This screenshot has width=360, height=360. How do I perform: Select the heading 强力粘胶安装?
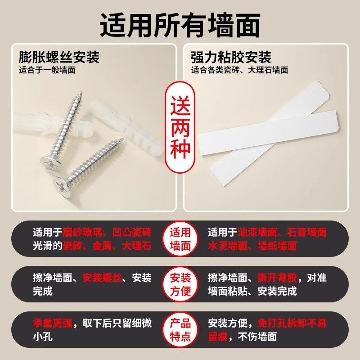[x=231, y=58]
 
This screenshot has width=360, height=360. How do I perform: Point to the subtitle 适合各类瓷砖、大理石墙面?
[x=239, y=70]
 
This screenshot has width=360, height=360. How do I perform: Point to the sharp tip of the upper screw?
[x=82, y=93]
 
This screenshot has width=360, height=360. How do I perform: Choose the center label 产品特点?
[x=180, y=330]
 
